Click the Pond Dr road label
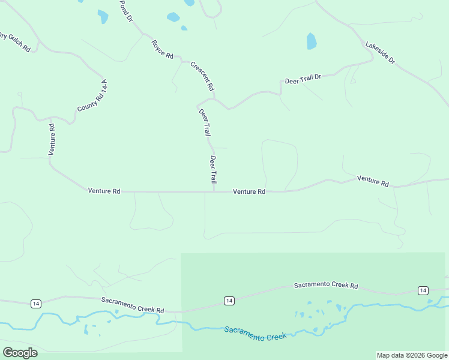coord(125,11)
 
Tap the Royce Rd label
coord(162,49)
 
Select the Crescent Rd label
coord(202,76)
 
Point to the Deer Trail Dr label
coord(303,79)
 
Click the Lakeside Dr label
coord(381,53)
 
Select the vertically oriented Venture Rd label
coord(52,140)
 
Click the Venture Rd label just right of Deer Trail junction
coord(249,192)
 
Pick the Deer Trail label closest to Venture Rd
coord(213,169)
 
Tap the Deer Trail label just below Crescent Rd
coord(204,122)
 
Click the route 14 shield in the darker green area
coord(229,301)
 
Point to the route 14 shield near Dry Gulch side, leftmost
coord(35,303)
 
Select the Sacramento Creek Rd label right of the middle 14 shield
coord(325,286)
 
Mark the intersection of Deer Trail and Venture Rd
coord(214,192)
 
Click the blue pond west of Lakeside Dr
coord(311,41)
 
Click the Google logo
coord(20,353)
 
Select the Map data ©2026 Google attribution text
coord(412,355)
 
